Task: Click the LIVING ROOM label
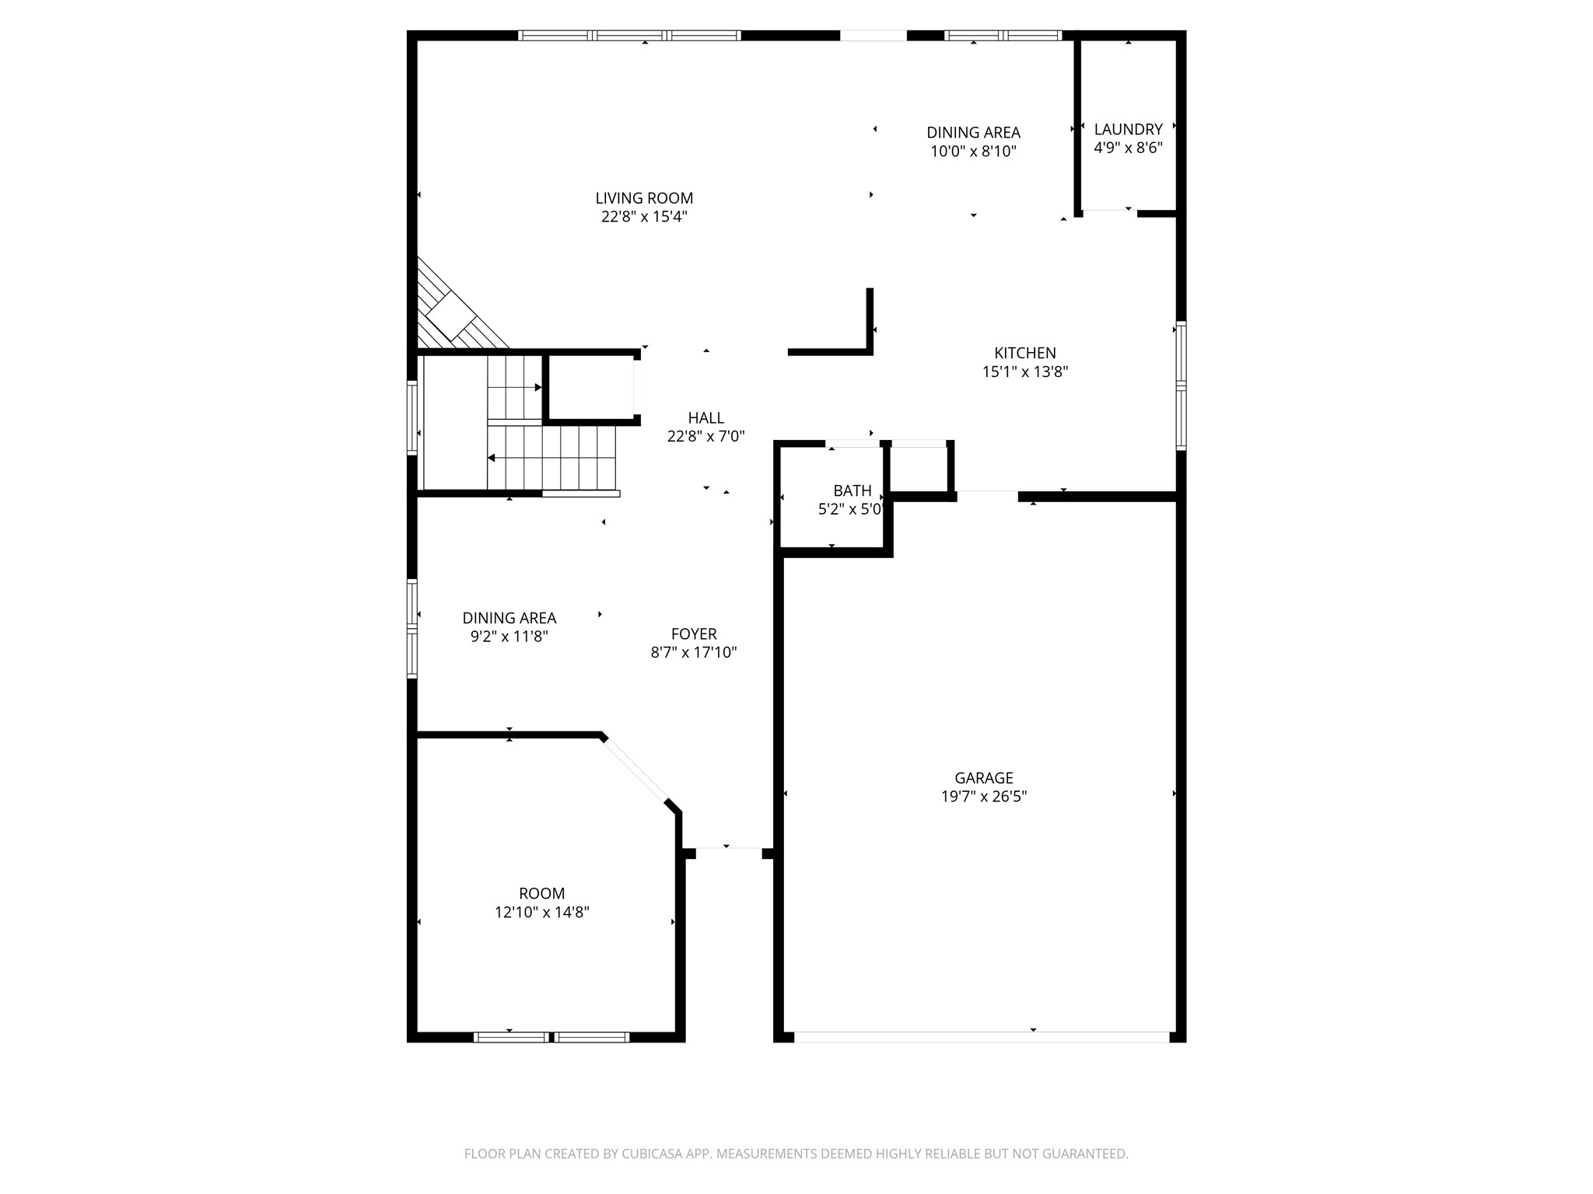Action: [644, 198]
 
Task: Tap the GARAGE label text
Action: [983, 777]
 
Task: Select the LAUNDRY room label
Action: [1128, 129]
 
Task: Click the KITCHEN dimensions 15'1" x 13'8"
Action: [1024, 372]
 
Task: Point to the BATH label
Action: [852, 491]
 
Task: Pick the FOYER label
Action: [693, 634]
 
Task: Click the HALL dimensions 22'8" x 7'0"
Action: [705, 436]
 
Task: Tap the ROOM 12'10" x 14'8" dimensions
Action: [541, 912]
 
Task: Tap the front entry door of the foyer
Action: [728, 853]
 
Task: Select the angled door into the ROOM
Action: [635, 768]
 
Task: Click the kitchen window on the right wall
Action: [1181, 386]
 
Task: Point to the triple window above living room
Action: [629, 35]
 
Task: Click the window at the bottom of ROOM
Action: [551, 1036]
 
